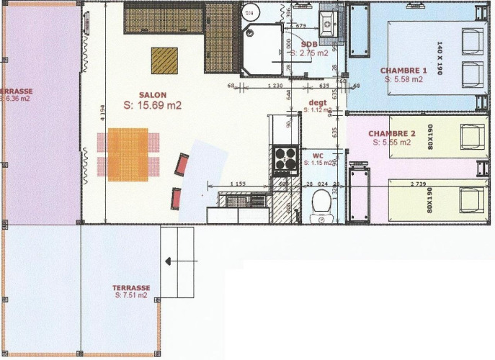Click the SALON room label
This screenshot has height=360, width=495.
[153, 94]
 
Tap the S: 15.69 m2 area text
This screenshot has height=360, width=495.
[152, 105]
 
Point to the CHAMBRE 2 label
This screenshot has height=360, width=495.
[392, 134]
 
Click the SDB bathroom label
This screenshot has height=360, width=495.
[309, 43]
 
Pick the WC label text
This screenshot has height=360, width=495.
[318, 156]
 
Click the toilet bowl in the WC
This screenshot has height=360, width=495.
[321, 207]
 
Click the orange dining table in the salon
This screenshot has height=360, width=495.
[128, 154]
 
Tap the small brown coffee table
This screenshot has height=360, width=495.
[165, 60]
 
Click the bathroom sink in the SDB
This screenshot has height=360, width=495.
[328, 22]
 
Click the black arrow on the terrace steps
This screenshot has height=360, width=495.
[169, 261]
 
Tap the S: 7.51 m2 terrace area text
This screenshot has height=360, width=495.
[130, 295]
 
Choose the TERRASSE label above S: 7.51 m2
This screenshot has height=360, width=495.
[131, 287]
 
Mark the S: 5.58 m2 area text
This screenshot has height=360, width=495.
[403, 79]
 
